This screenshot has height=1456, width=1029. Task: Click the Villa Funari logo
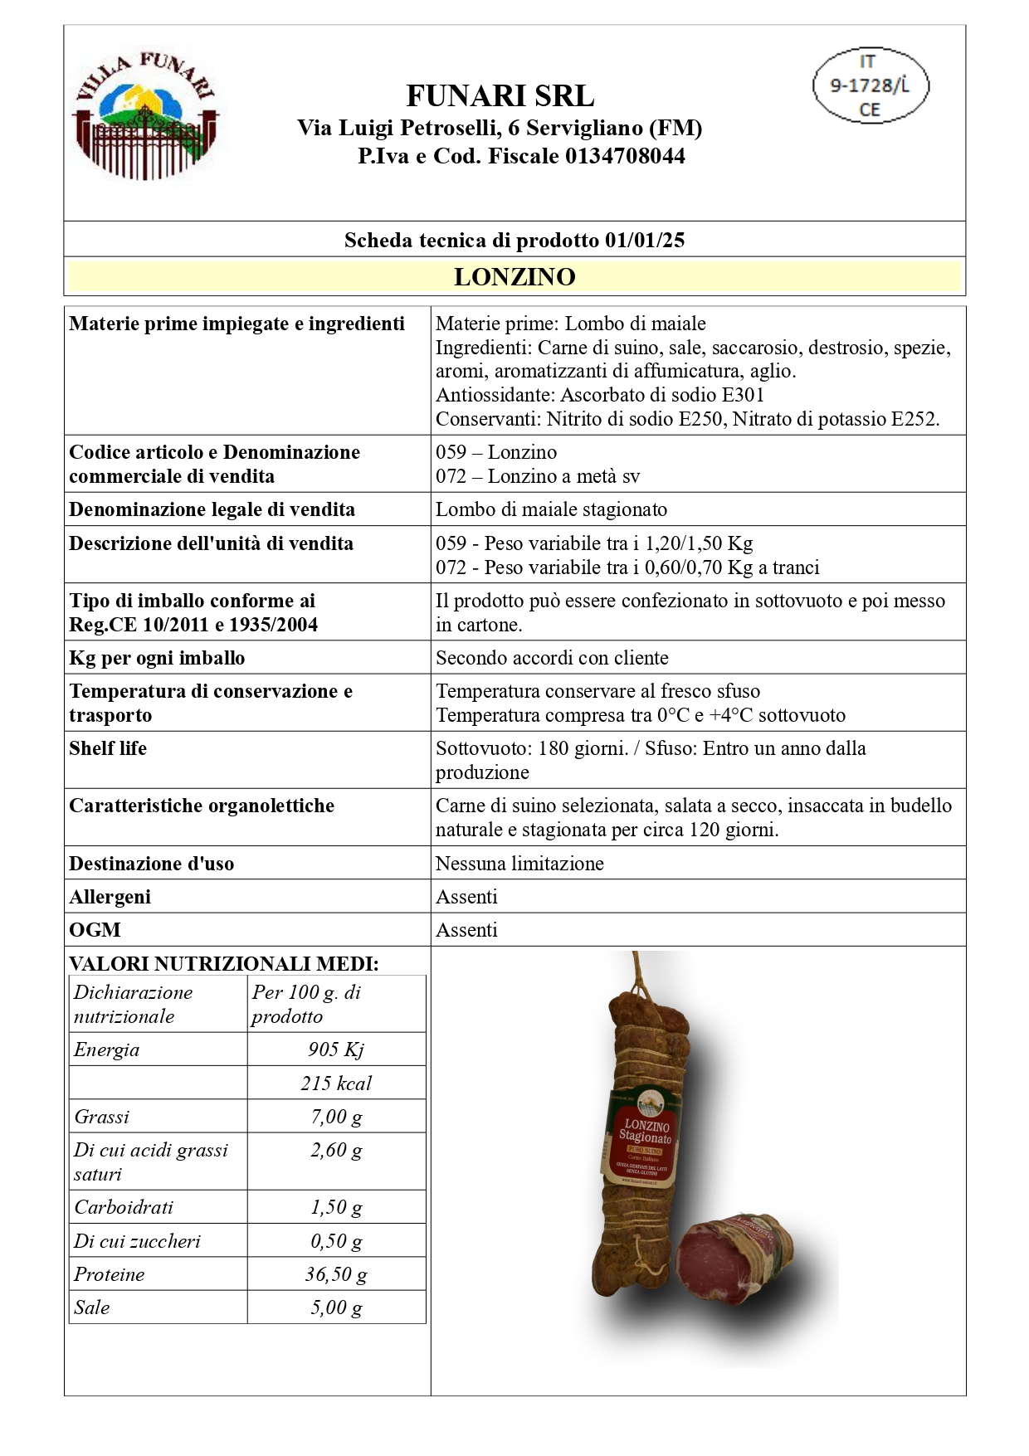coord(146,116)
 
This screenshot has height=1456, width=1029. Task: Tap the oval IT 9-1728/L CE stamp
coord(870,85)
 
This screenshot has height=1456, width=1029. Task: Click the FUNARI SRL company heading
coord(500,96)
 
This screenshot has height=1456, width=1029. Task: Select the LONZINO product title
coord(514,277)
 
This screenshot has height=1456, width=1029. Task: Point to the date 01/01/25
coord(645,241)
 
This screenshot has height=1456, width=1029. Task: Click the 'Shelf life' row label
coord(108,748)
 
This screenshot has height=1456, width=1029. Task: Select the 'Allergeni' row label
coord(110,897)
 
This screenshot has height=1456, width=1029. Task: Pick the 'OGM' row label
coord(95,930)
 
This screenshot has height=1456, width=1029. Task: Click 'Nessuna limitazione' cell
coord(519,864)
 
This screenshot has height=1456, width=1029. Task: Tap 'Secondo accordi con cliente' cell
coord(552,658)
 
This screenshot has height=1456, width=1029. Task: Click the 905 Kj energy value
coord(336,1049)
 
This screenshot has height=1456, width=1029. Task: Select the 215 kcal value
coord(336,1083)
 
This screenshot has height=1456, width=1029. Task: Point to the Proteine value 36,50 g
coord(336,1274)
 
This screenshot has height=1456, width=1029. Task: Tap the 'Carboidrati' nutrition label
coord(112,1207)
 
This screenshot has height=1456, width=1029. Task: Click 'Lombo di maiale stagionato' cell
coord(551,509)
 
